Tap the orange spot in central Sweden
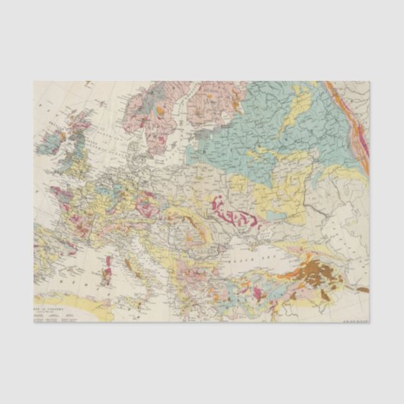tap(162, 111)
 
